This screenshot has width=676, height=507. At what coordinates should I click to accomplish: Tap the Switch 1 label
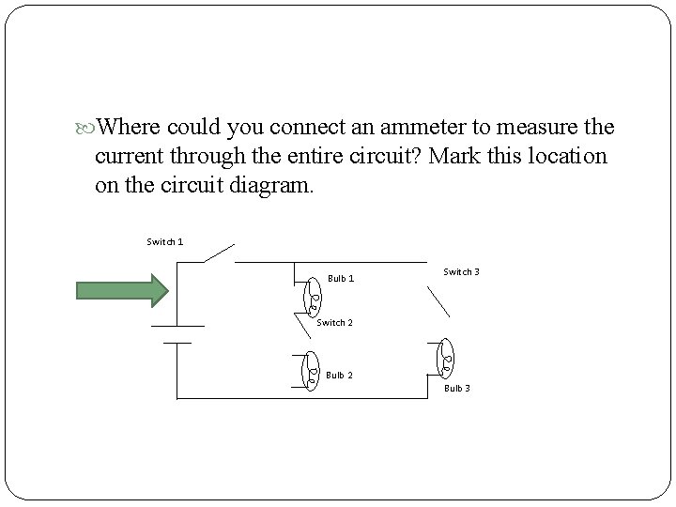(x=165, y=242)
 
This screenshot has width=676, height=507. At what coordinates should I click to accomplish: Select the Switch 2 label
(x=334, y=323)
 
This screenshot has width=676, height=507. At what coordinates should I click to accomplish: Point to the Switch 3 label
(x=461, y=272)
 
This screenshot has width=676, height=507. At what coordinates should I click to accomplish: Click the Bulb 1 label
(x=341, y=279)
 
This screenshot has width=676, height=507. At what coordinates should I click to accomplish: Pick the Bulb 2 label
(x=339, y=376)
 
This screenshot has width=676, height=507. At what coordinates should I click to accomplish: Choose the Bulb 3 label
(x=457, y=389)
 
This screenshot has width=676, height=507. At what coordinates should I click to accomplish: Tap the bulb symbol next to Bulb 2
(x=313, y=370)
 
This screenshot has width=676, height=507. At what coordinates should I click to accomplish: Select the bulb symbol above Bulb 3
(x=446, y=357)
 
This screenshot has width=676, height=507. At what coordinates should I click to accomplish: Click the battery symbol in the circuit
(x=177, y=334)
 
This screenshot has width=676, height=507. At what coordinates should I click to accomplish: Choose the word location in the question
(x=572, y=156)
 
